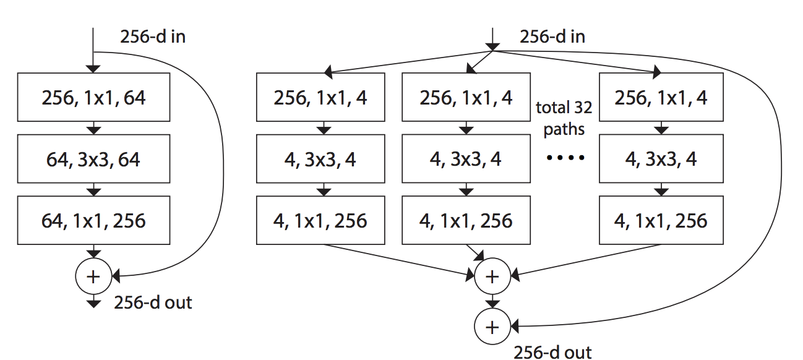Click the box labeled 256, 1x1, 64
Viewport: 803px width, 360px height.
(x=93, y=97)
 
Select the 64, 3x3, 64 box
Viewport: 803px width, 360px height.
(x=93, y=159)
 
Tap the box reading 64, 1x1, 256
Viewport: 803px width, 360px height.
(x=93, y=220)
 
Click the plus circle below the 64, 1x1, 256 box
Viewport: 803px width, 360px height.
(x=93, y=276)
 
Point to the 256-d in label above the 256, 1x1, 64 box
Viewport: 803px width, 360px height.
(x=152, y=36)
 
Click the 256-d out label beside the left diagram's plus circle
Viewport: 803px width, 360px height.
(x=153, y=302)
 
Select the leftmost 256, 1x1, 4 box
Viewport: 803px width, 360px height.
(x=320, y=97)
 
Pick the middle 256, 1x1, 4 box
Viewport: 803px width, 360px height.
(x=466, y=97)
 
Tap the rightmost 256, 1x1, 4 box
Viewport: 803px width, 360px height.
(x=661, y=97)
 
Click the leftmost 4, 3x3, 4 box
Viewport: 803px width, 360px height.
(x=320, y=159)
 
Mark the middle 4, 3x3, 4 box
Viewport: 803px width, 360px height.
(x=466, y=159)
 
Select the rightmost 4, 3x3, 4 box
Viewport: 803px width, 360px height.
(x=661, y=159)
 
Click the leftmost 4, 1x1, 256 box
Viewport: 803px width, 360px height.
(x=320, y=220)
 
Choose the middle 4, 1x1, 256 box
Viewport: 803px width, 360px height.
(x=466, y=220)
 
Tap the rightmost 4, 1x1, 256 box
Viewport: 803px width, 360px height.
(x=661, y=220)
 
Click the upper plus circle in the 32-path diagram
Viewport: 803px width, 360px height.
(x=492, y=276)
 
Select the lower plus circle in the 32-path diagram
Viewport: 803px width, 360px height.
(x=492, y=326)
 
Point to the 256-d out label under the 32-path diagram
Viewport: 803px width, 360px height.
(x=552, y=352)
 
